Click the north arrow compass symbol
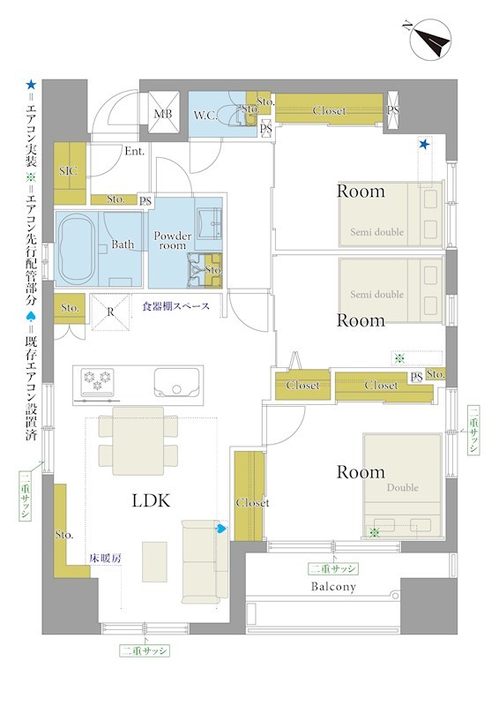pos(430,39)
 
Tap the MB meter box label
pos(163,114)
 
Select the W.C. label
pos(205,116)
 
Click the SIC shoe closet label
pos(69,170)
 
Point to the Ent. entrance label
pos(135,151)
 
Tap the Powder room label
pos(172,240)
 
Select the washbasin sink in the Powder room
pos(209,222)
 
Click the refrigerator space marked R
pos(111,312)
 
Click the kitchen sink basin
pos(176,383)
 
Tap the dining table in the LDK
pos(138,440)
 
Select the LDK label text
pos(151,500)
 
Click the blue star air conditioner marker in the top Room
pos(424,145)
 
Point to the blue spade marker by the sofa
pos(221,529)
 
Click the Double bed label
pos(403,488)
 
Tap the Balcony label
pos(333,587)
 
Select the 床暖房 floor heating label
pos(105,559)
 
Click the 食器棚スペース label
pos(176,306)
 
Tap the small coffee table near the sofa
pos(154,562)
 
